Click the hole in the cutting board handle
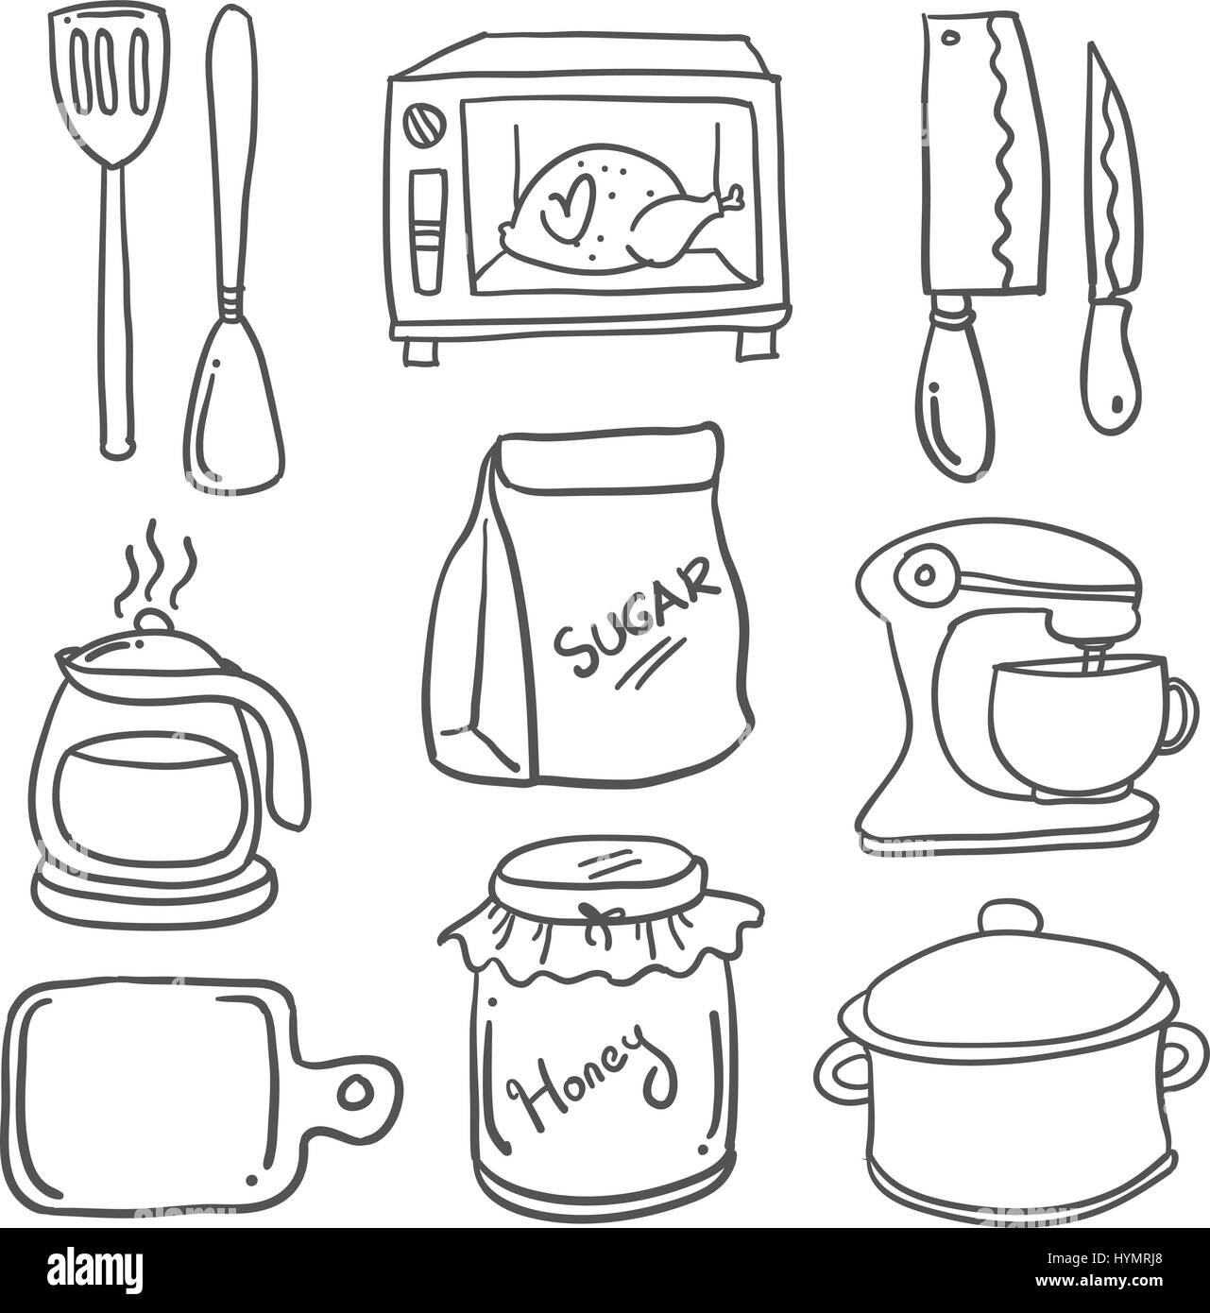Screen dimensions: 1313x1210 pos(355,1092)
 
